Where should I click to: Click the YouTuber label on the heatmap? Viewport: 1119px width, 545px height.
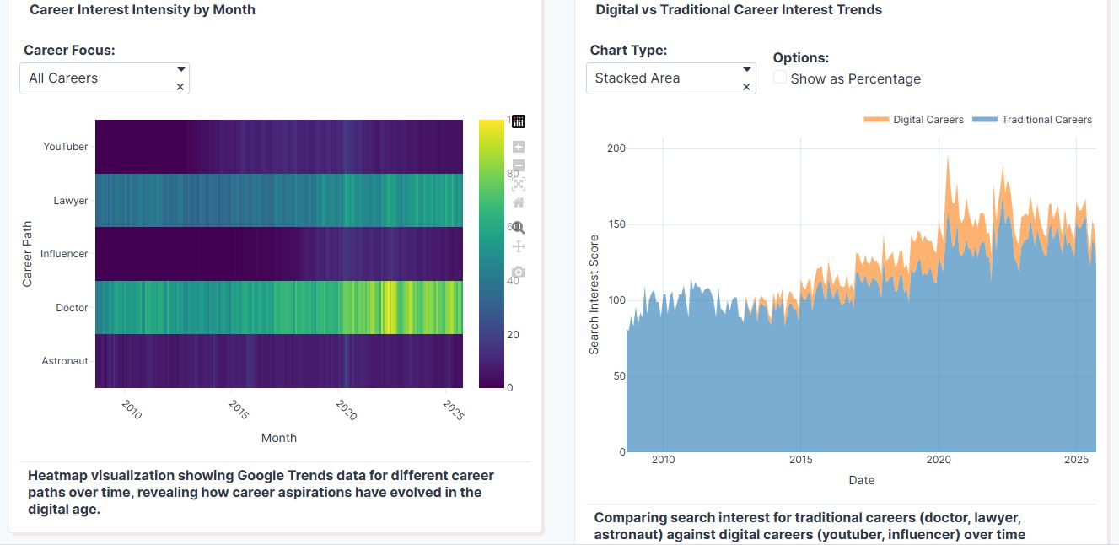point(66,147)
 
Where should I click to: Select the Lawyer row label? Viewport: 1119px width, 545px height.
point(71,201)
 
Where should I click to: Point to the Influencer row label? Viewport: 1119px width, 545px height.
point(64,254)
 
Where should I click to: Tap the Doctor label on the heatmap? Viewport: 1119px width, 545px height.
point(72,308)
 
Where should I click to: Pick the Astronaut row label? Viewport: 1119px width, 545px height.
point(65,361)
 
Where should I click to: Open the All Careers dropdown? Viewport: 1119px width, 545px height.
point(105,78)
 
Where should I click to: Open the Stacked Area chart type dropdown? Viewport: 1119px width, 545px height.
point(670,78)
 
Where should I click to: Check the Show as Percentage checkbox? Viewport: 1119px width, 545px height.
point(781,78)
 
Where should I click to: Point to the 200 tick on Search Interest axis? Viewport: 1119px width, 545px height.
point(616,148)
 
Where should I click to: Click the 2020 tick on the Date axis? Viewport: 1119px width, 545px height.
point(939,460)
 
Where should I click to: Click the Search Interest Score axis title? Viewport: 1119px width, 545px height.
point(594,294)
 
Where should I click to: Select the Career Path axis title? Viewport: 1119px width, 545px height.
point(28,253)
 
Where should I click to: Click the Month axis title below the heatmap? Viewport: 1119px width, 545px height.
point(278,438)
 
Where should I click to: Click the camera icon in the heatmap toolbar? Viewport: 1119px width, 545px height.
point(519,272)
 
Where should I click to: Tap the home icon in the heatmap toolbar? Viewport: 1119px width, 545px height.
point(519,202)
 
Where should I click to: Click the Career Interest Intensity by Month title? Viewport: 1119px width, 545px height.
point(143,10)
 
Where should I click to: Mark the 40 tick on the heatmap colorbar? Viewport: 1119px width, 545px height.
point(512,281)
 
